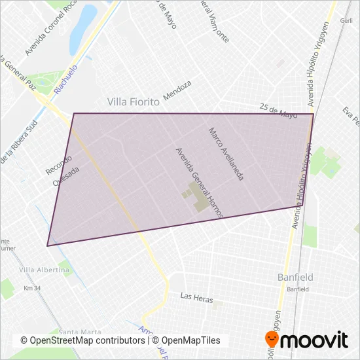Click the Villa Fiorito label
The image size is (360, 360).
[134, 102]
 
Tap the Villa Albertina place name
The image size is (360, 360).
[45, 270]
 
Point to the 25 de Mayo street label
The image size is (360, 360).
[278, 109]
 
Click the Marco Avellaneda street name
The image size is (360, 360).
[226, 154]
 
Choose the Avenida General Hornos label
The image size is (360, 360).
[200, 183]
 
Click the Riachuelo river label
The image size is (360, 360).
[66, 79]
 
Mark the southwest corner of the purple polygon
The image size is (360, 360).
[47, 246]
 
